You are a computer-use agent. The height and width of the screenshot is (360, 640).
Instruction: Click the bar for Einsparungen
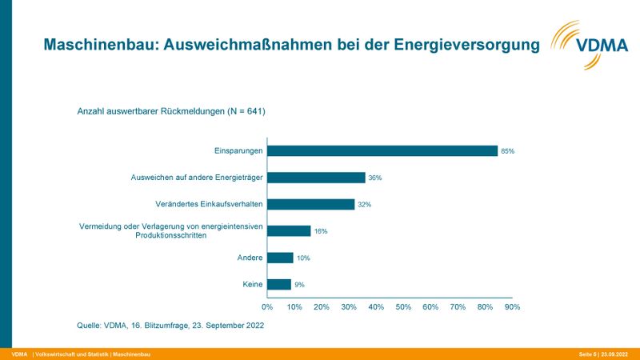[382, 150]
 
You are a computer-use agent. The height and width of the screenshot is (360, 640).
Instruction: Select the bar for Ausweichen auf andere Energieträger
[316, 178]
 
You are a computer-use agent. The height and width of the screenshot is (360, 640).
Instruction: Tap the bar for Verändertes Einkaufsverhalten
[310, 204]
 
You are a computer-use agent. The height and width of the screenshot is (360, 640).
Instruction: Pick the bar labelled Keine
[279, 284]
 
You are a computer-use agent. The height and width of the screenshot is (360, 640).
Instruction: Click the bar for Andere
[281, 258]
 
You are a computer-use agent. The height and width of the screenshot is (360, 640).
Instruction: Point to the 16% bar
[289, 231]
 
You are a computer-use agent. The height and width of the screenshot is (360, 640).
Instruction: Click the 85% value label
[507, 150]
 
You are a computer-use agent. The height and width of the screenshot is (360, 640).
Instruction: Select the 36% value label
[374, 178]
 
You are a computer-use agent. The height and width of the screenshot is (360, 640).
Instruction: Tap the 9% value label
[299, 284]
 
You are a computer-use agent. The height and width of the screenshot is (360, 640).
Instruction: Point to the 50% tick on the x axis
[403, 306]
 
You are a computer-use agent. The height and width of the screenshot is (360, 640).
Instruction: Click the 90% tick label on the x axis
[512, 306]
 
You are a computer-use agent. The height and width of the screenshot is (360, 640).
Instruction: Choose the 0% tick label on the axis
[268, 306]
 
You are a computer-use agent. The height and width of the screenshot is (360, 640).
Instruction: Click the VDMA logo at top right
[589, 44]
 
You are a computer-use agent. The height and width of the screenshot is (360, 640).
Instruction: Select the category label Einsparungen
[238, 150]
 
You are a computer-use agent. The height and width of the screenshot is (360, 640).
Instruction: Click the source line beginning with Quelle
[170, 326]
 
